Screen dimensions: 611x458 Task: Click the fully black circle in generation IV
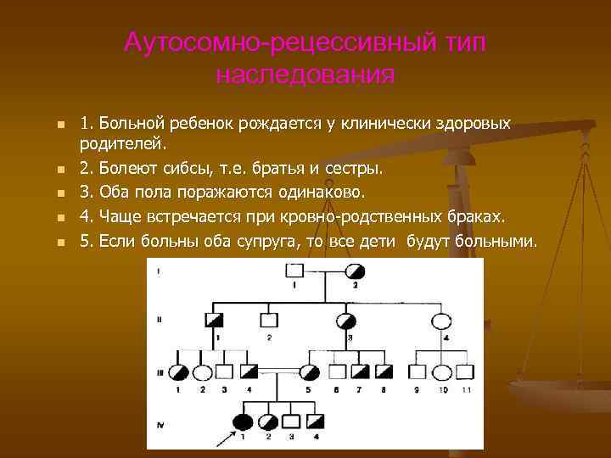[x=244, y=422]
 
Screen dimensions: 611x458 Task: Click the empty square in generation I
[x=294, y=271]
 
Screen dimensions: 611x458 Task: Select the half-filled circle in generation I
[x=356, y=271]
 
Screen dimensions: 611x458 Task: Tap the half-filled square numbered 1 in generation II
[x=216, y=321]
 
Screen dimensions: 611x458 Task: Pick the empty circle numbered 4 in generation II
[x=442, y=321]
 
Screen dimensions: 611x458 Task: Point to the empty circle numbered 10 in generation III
[x=442, y=371]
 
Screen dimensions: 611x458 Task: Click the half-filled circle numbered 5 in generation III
[x=309, y=371]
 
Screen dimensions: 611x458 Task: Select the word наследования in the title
[x=305, y=75]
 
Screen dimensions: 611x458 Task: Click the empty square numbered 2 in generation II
[x=268, y=321]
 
